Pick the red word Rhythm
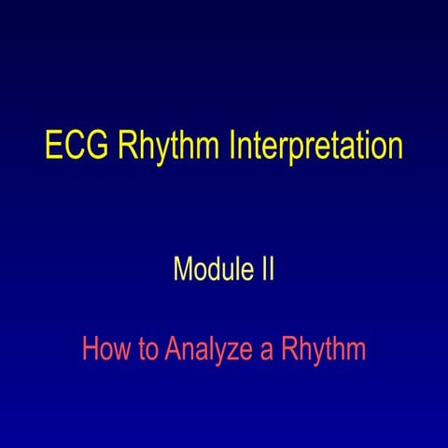322,351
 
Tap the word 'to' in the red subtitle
146,351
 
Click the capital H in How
89,350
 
